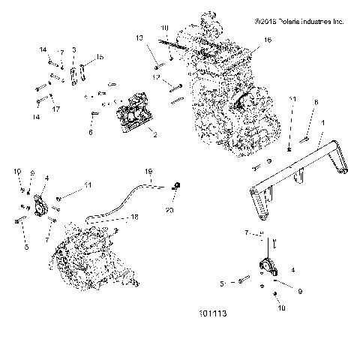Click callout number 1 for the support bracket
(323, 123)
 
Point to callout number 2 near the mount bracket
(154, 136)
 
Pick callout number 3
(74, 49)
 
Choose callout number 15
(100, 58)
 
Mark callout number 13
(139, 37)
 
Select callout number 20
(169, 211)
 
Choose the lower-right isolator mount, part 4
(266, 267)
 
